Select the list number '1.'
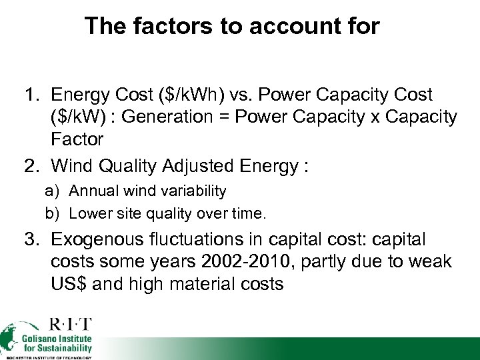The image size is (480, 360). (33, 95)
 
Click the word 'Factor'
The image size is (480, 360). (77, 139)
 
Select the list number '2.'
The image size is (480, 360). (33, 165)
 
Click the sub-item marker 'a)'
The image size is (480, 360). (53, 191)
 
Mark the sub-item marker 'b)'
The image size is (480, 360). (53, 214)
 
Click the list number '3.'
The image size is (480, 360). (33, 239)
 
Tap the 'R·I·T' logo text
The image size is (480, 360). (70, 325)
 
